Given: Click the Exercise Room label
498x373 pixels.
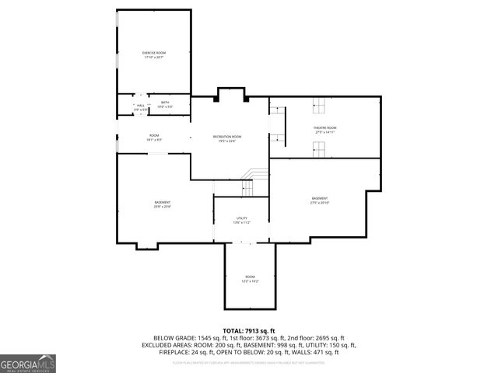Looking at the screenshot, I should [x=155, y=54].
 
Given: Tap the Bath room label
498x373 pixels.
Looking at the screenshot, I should [x=165, y=104].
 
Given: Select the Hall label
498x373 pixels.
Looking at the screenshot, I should [x=140, y=107].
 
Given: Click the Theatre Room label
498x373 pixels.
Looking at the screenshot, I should [x=325, y=130].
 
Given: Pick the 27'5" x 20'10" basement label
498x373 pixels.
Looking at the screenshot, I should [x=320, y=200].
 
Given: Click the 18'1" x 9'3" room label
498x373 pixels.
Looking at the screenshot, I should [x=154, y=138].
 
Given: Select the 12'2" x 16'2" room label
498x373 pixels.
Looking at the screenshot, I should [x=250, y=279].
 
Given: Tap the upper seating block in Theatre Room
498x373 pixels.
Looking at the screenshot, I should [x=317, y=106].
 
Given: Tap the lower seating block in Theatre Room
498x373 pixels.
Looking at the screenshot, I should [x=317, y=150].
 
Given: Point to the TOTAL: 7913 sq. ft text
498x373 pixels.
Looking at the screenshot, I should [x=249, y=331].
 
